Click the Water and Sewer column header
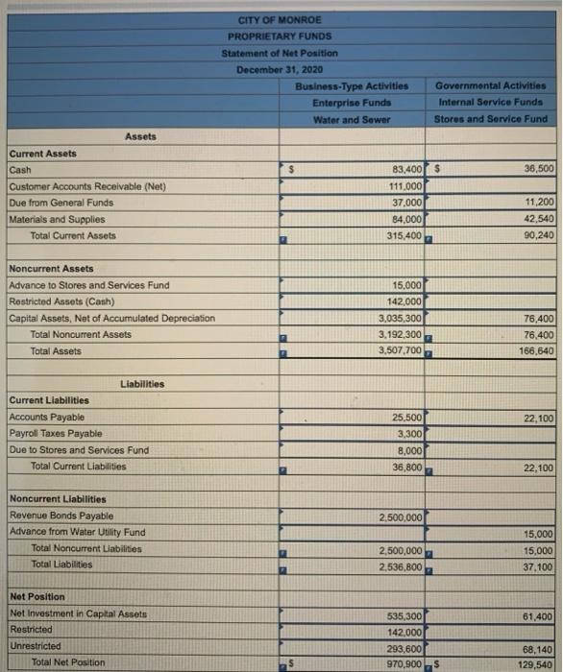pyautogui.click(x=351, y=119)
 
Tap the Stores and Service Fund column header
pyautogui.click(x=490, y=119)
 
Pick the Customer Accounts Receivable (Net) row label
pyautogui.click(x=74, y=186)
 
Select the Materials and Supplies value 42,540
pyautogui.click(x=535, y=219)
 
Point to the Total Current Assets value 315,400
pyautogui.click(x=402, y=235)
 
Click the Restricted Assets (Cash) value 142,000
pyautogui.click(x=402, y=301)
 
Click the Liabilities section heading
pyautogui.click(x=142, y=384)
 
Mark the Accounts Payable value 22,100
pyautogui.click(x=535, y=418)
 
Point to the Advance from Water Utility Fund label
pyautogui.click(x=77, y=532)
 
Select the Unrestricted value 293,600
pyautogui.click(x=402, y=647)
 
